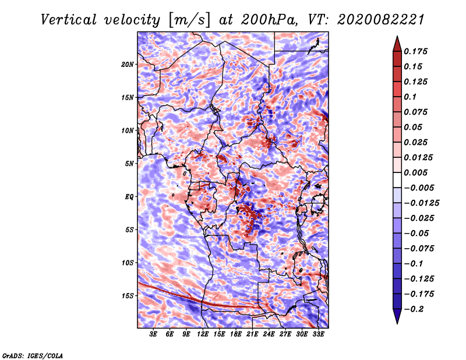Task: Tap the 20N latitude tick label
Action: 128,64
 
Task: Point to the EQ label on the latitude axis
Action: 129,196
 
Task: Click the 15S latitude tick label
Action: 128,295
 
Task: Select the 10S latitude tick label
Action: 128,263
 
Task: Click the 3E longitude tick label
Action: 154,334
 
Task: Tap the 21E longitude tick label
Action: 252,334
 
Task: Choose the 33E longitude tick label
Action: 318,334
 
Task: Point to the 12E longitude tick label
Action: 203,334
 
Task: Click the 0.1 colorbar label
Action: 411,97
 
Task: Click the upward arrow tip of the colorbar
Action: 397,38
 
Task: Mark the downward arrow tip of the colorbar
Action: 397,322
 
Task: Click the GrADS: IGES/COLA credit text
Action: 32,355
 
